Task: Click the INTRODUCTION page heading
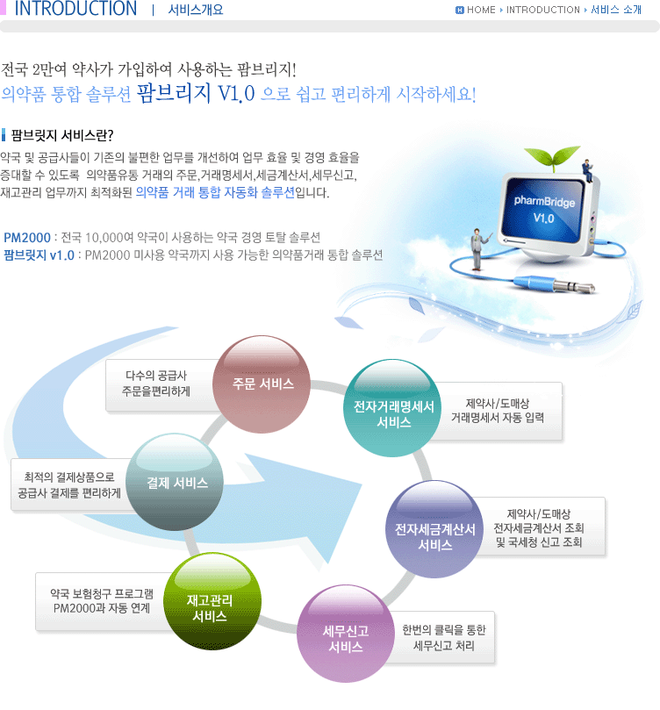tap(75, 9)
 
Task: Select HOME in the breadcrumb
tap(481, 10)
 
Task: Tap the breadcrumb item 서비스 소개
tap(616, 10)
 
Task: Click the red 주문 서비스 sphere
tap(262, 384)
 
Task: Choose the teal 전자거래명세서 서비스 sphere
tap(393, 407)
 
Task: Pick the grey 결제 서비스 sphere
tap(175, 482)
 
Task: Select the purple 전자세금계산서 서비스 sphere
tap(434, 529)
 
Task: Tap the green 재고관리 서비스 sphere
tap(212, 601)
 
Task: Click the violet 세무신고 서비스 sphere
tap(346, 634)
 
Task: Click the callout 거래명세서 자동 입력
tap(498, 411)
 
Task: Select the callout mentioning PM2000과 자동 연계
tap(102, 601)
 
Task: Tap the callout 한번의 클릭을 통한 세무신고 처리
tap(442, 637)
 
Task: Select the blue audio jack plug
tap(554, 283)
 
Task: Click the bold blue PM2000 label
tap(27, 238)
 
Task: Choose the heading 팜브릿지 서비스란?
tap(62, 135)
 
